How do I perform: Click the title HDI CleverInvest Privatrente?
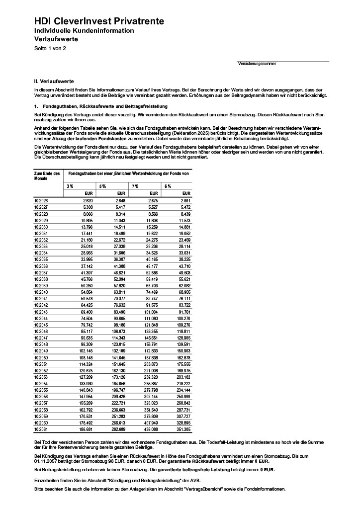[x=99, y=21]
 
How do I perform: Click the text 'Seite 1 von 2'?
[x=50, y=48]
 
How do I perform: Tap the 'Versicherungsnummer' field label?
[x=257, y=64]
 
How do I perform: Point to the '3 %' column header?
[x=71, y=186]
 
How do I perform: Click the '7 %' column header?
[x=135, y=186]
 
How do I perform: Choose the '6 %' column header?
[x=168, y=186]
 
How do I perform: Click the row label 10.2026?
[x=41, y=200]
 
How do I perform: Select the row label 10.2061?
[x=41, y=428]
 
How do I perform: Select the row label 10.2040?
[x=41, y=292]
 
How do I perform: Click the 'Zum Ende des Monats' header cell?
[x=47, y=176]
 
